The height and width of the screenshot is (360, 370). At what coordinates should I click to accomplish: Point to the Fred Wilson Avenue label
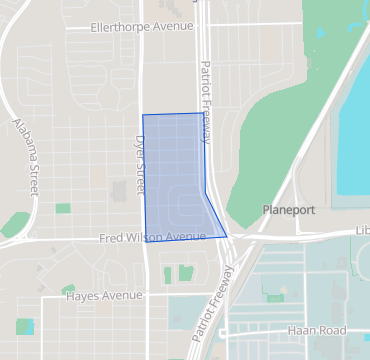click(153, 237)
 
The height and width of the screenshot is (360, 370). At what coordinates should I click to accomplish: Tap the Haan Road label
click(318, 331)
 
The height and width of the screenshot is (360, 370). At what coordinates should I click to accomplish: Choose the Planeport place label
click(288, 211)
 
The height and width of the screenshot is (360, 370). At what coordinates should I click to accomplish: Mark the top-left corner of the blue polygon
click(143, 115)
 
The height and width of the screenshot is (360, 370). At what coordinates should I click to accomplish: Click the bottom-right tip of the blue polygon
click(227, 237)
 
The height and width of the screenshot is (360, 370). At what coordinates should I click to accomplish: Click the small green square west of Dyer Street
click(64, 208)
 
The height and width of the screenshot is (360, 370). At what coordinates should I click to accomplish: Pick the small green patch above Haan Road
click(275, 297)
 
